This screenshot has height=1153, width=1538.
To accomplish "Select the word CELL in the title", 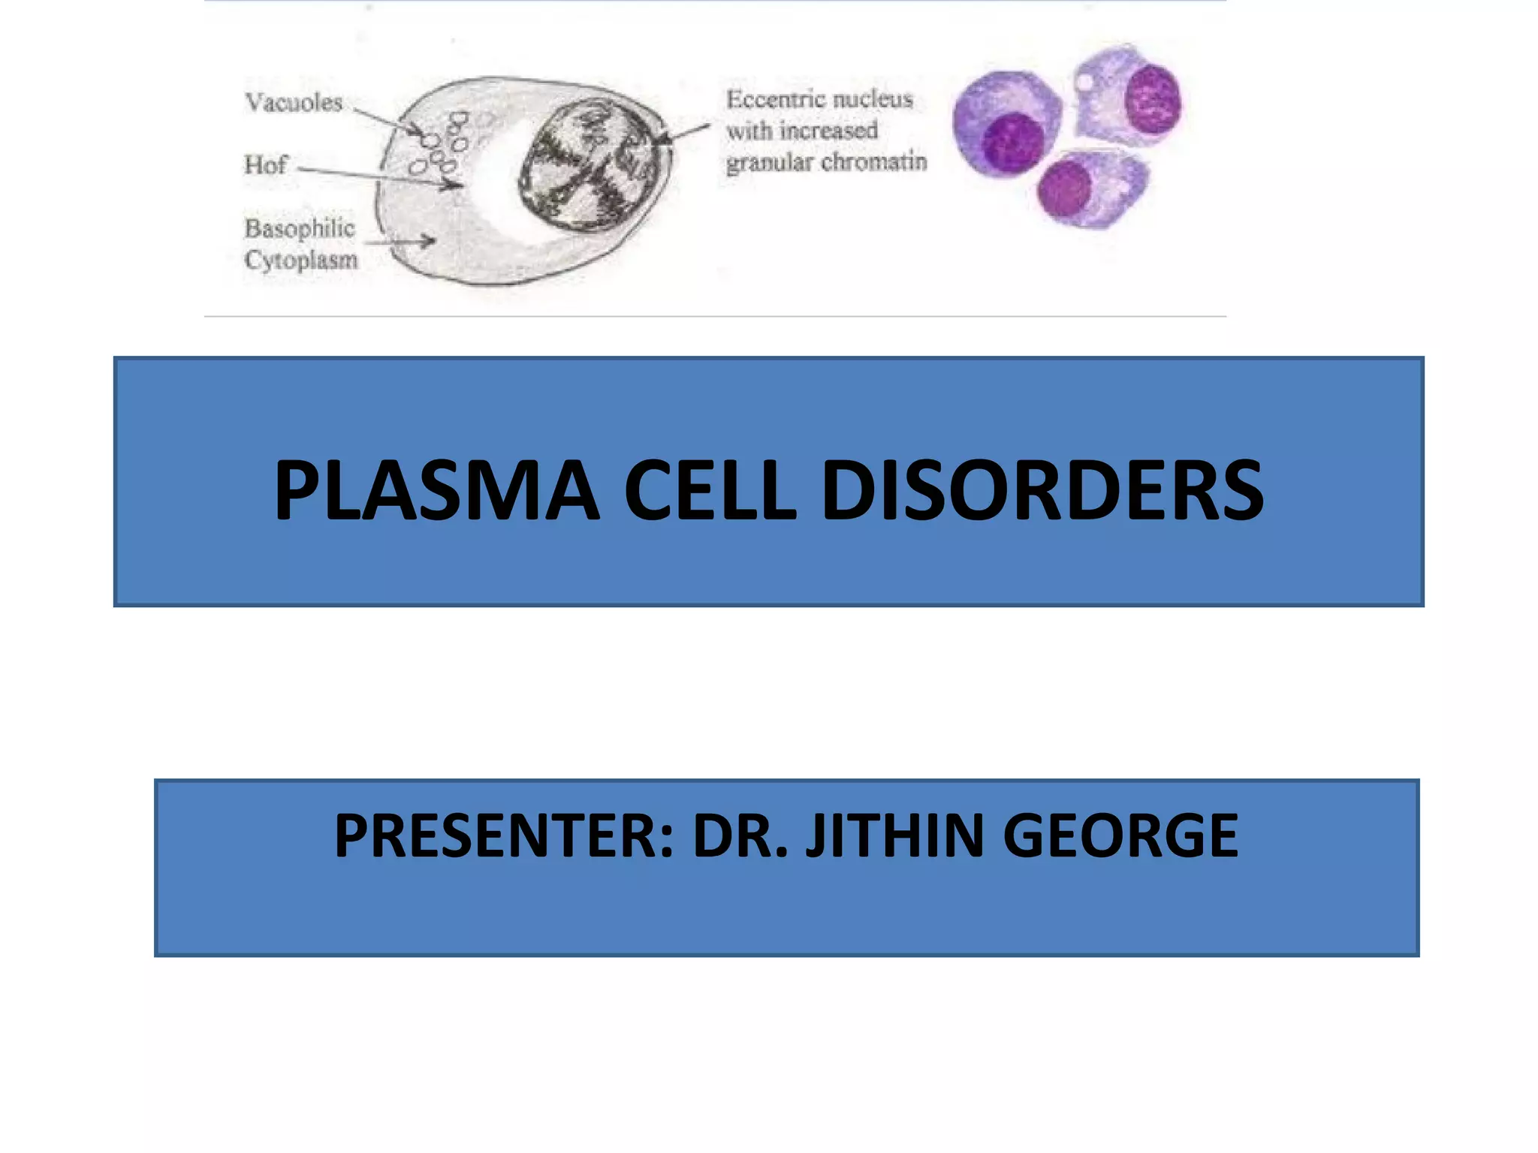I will pyautogui.click(x=709, y=491).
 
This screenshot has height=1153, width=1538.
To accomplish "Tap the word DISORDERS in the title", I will pyautogui.click(x=1042, y=491).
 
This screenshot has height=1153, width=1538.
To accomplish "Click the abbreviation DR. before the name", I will pyautogui.click(x=740, y=836).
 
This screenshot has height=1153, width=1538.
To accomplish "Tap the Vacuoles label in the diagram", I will pyautogui.click(x=294, y=103).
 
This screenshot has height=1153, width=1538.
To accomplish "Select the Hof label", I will pyautogui.click(x=265, y=164).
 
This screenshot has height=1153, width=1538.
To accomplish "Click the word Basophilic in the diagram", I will pyautogui.click(x=300, y=228).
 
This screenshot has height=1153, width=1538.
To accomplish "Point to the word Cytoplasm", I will pyautogui.click(x=301, y=260).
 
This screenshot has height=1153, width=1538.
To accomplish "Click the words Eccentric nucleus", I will pyautogui.click(x=819, y=100).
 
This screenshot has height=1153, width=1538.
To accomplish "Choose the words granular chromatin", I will pyautogui.click(x=826, y=162).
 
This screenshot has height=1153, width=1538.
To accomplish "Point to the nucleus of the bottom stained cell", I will pyautogui.click(x=1064, y=189).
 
